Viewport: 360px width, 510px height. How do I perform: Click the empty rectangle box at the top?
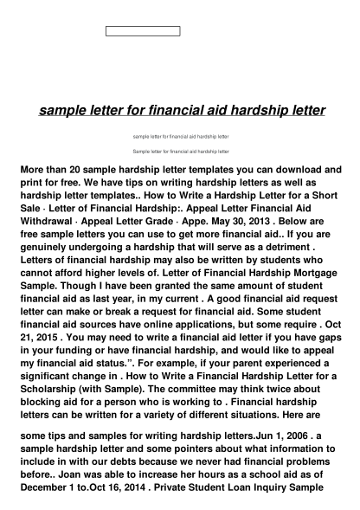(143, 31)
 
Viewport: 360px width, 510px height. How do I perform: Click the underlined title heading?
(183, 111)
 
